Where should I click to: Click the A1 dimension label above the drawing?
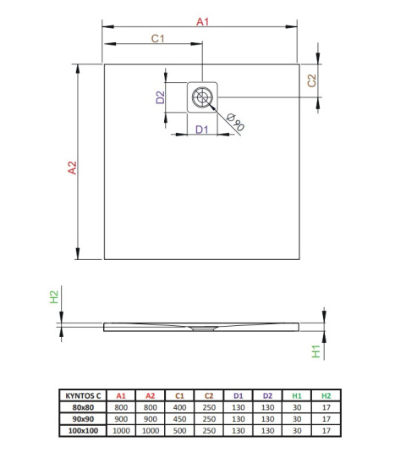pyautogui.click(x=202, y=21)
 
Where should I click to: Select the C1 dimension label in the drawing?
pyautogui.click(x=157, y=39)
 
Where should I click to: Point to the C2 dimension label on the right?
pyautogui.click(x=311, y=80)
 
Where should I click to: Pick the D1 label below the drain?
pyautogui.click(x=201, y=130)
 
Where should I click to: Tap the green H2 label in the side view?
pyautogui.click(x=52, y=297)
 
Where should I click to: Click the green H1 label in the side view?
pyautogui.click(x=315, y=351)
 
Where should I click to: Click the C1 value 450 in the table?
pyautogui.click(x=179, y=418)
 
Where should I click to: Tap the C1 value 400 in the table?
pyautogui.click(x=179, y=406)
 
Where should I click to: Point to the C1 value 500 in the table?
pyautogui.click(x=179, y=430)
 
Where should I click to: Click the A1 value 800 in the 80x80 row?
pyautogui.click(x=121, y=406)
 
